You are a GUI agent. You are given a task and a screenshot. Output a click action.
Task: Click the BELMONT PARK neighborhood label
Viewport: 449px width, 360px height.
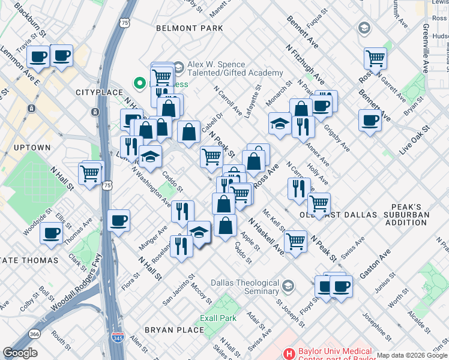coord(189,28)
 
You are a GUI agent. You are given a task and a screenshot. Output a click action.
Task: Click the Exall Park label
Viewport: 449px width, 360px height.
coord(218,318)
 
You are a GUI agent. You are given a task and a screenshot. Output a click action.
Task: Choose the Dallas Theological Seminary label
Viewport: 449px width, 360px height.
coord(244,287)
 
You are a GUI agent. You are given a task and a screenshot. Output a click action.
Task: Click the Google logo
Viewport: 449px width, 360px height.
coord(20,353)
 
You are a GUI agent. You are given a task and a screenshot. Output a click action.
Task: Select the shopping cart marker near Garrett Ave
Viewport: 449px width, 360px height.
coord(375,59)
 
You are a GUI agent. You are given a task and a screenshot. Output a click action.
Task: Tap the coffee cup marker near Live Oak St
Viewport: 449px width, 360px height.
coord(370,120)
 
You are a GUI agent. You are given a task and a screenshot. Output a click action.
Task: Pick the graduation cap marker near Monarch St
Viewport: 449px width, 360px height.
coord(280,124)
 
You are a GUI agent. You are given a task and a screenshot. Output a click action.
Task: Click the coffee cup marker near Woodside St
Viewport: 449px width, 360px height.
coord(52,232)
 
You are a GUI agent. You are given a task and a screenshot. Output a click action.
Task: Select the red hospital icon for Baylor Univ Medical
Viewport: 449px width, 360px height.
coord(289,353)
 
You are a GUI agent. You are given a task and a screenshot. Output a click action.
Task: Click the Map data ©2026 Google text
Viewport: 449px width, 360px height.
coord(412,355)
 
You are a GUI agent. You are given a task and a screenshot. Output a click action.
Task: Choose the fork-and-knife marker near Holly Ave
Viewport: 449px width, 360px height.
coord(299,188)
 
